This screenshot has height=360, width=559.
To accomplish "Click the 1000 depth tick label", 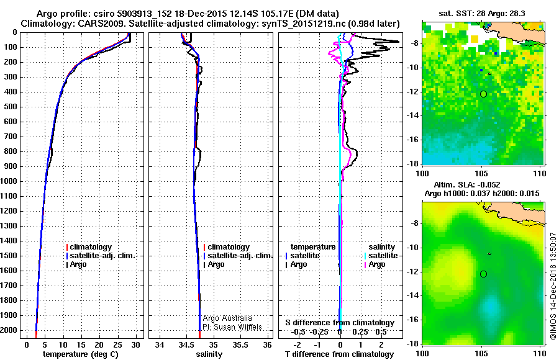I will (x=10, y=181).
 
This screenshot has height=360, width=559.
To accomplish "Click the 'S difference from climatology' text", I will (x=340, y=323).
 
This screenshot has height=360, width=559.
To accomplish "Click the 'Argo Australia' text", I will (x=227, y=318).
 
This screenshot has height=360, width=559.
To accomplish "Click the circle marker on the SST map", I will (x=483, y=94).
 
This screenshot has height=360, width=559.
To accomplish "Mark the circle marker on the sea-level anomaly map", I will (x=483, y=274).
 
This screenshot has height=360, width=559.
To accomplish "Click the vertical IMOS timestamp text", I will (x=553, y=286).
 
